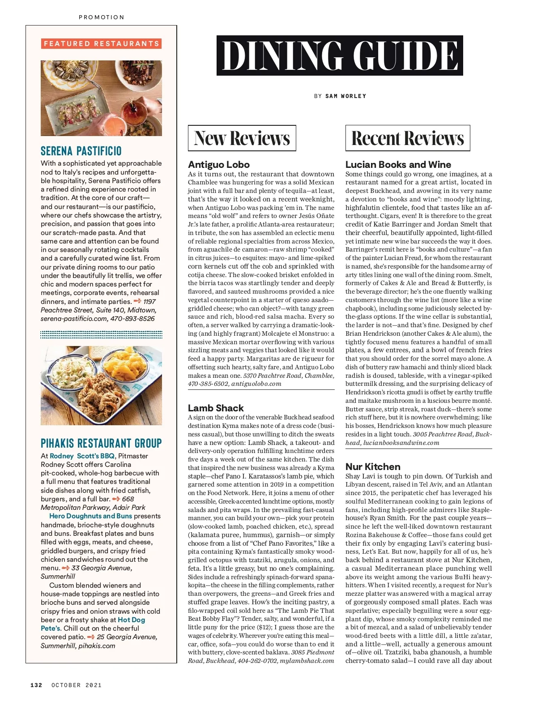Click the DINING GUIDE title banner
(x=340, y=56)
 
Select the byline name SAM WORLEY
(x=345, y=96)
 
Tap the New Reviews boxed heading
(x=242, y=138)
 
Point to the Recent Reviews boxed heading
(x=407, y=138)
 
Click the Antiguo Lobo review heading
(x=219, y=164)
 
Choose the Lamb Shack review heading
(x=216, y=408)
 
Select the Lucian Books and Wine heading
(x=398, y=164)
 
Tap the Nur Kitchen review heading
(x=373, y=466)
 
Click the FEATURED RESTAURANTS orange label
(x=101, y=43)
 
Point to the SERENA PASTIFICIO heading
(x=81, y=151)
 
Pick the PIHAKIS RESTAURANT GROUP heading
(x=101, y=443)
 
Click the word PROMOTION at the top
(x=102, y=17)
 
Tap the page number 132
(x=36, y=685)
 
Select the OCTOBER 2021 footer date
(x=77, y=685)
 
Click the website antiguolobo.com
(x=256, y=384)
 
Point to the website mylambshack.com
(x=307, y=661)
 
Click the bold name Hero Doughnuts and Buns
(x=91, y=516)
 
